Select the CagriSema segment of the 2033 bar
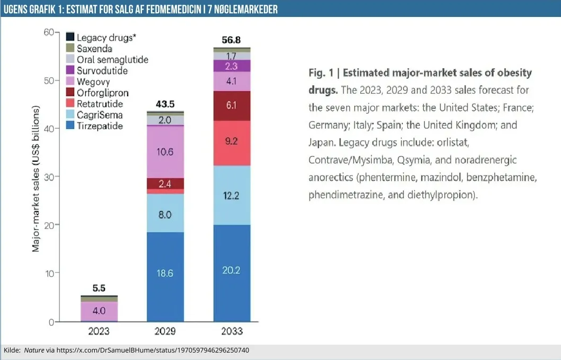[x=232, y=195]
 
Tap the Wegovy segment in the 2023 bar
[x=99, y=310]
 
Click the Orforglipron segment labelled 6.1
[x=232, y=106]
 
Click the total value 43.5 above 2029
[x=165, y=104]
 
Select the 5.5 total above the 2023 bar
[x=99, y=288]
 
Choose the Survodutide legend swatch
[x=69, y=71]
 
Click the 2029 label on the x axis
[x=165, y=332]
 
